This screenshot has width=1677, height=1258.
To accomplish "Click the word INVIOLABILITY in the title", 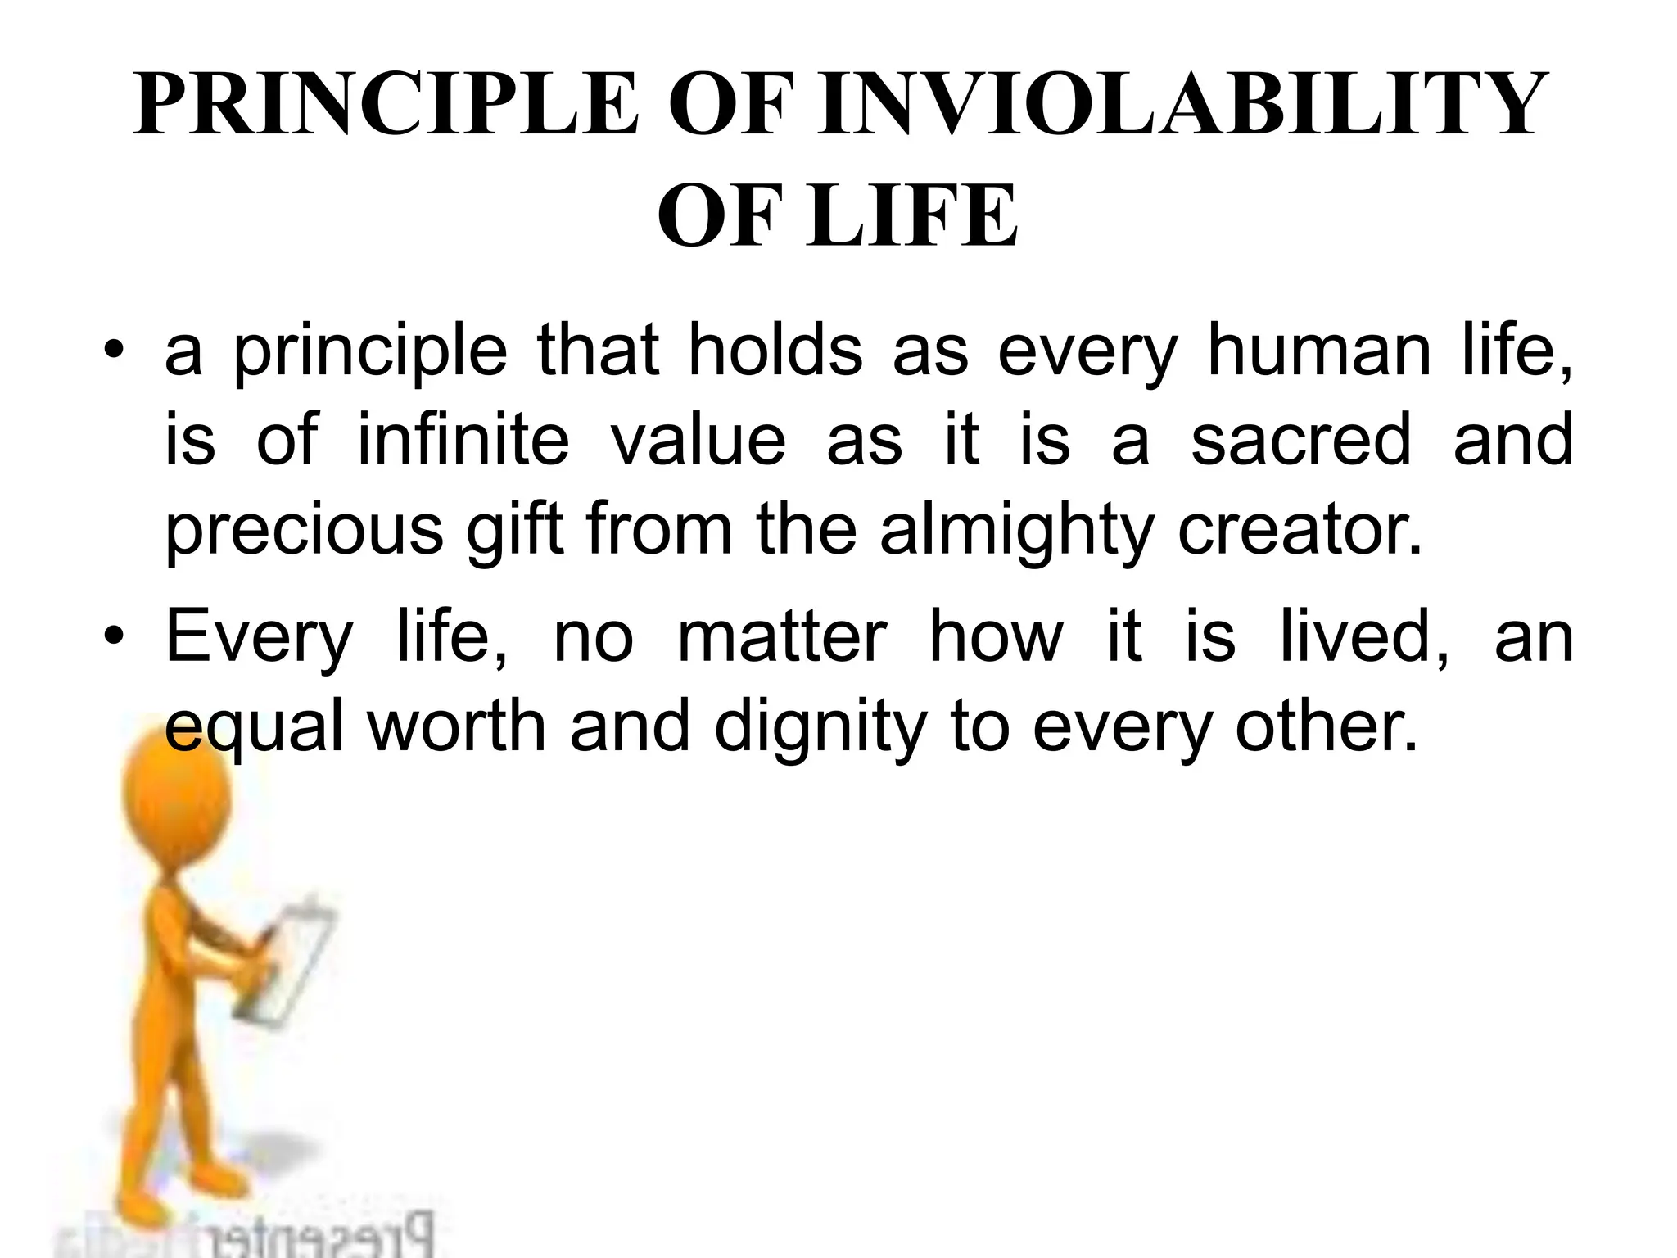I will tap(1179, 106).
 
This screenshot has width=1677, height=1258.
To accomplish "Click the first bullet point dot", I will tap(115, 352).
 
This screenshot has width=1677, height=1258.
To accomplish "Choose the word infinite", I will tap(463, 440).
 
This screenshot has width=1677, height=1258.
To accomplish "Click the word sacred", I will tap(1301, 440).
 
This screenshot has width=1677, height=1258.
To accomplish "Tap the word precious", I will tap(304, 531).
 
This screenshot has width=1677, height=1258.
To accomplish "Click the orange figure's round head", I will tap(176, 786).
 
